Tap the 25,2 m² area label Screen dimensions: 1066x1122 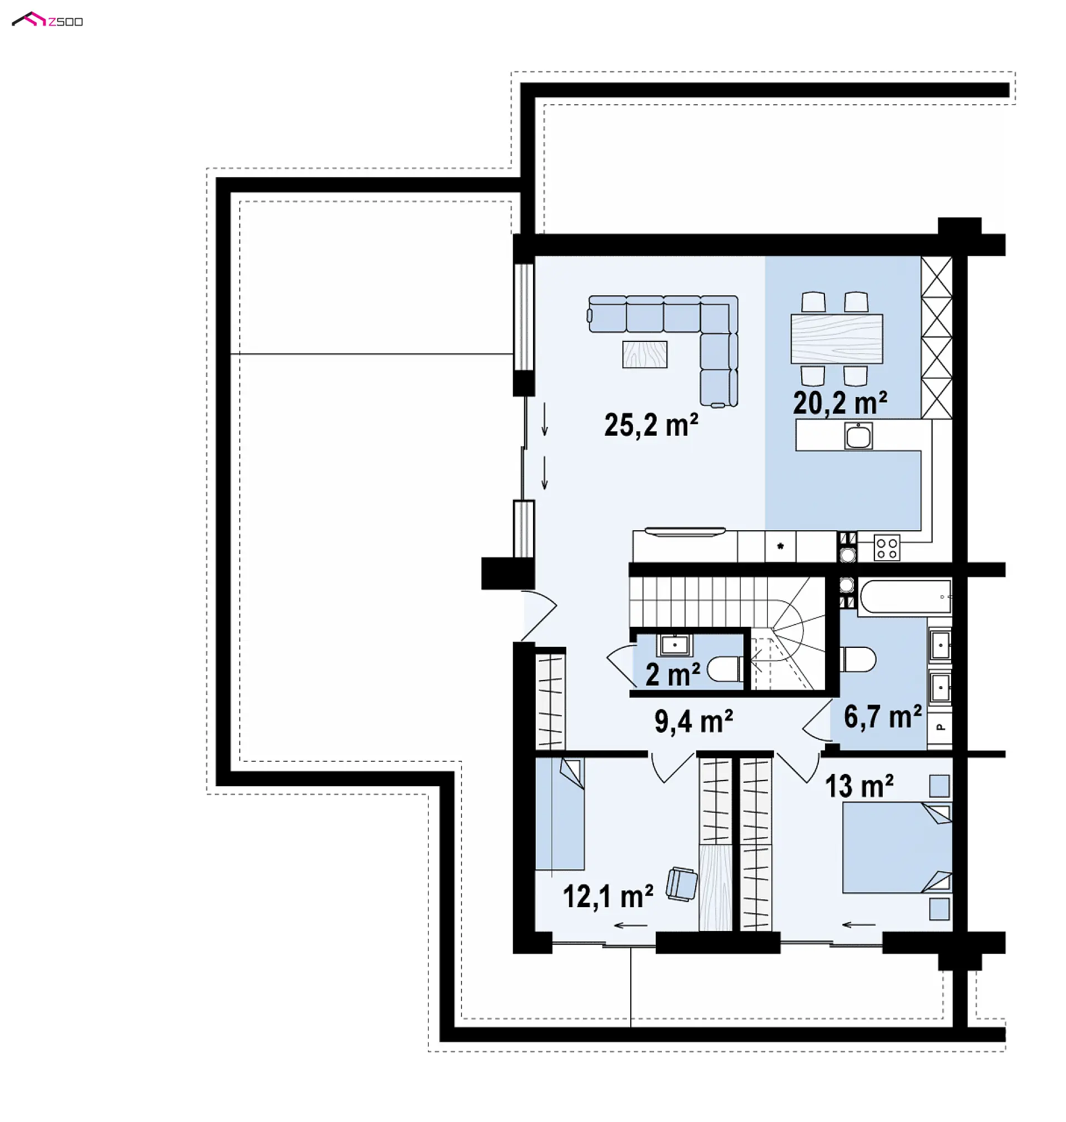pyautogui.click(x=651, y=425)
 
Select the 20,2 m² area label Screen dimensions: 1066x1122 pyautogui.click(x=840, y=403)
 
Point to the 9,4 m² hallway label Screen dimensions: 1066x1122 pyautogui.click(x=693, y=722)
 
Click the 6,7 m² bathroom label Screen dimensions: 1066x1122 pyautogui.click(x=882, y=716)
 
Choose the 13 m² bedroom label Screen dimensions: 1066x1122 pyautogui.click(x=859, y=786)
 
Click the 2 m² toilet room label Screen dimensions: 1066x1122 pyautogui.click(x=673, y=675)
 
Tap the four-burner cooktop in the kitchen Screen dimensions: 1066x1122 pyautogui.click(x=887, y=547)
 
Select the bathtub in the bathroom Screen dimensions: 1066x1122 pyautogui.click(x=905, y=596)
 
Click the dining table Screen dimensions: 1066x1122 pyautogui.click(x=837, y=339)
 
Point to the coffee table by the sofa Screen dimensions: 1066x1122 pyautogui.click(x=645, y=355)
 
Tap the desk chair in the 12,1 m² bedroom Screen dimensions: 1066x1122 pyautogui.click(x=682, y=884)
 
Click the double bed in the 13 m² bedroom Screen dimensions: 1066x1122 pyautogui.click(x=897, y=847)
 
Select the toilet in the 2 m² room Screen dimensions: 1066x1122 pyautogui.click(x=725, y=668)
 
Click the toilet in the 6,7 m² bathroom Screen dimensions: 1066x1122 pyautogui.click(x=858, y=659)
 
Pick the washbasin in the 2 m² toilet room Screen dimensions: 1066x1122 pyautogui.click(x=675, y=645)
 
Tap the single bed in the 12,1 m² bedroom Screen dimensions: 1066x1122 pyautogui.click(x=560, y=814)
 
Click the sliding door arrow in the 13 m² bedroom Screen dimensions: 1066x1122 pyautogui.click(x=858, y=925)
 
